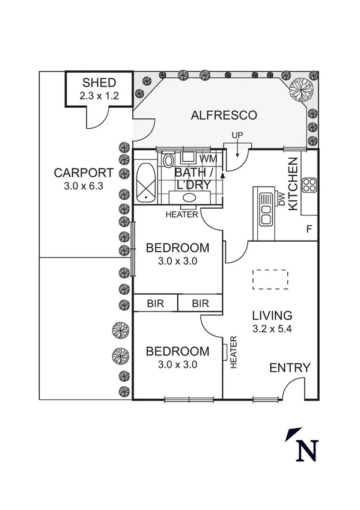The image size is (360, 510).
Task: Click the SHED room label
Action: (99, 82)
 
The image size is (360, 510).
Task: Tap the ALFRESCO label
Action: (224, 115)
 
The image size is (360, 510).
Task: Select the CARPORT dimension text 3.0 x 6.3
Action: (84, 186)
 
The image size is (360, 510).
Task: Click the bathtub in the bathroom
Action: (145, 182)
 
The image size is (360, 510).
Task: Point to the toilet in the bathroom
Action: (168, 161)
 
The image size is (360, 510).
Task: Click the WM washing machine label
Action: (208, 159)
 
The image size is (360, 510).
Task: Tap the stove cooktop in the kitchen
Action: (310, 185)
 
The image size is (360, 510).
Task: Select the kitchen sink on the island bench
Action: (264, 207)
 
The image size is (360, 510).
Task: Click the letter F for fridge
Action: (309, 229)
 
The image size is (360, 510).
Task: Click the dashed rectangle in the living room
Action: (270, 279)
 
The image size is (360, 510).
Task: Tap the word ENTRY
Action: (289, 368)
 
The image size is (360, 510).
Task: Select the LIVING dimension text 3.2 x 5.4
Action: (272, 328)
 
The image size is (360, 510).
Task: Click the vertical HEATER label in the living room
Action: (233, 352)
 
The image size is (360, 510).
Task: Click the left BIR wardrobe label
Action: (155, 304)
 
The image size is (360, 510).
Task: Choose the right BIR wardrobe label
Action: (200, 304)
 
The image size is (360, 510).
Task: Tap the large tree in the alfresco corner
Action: (301, 90)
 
